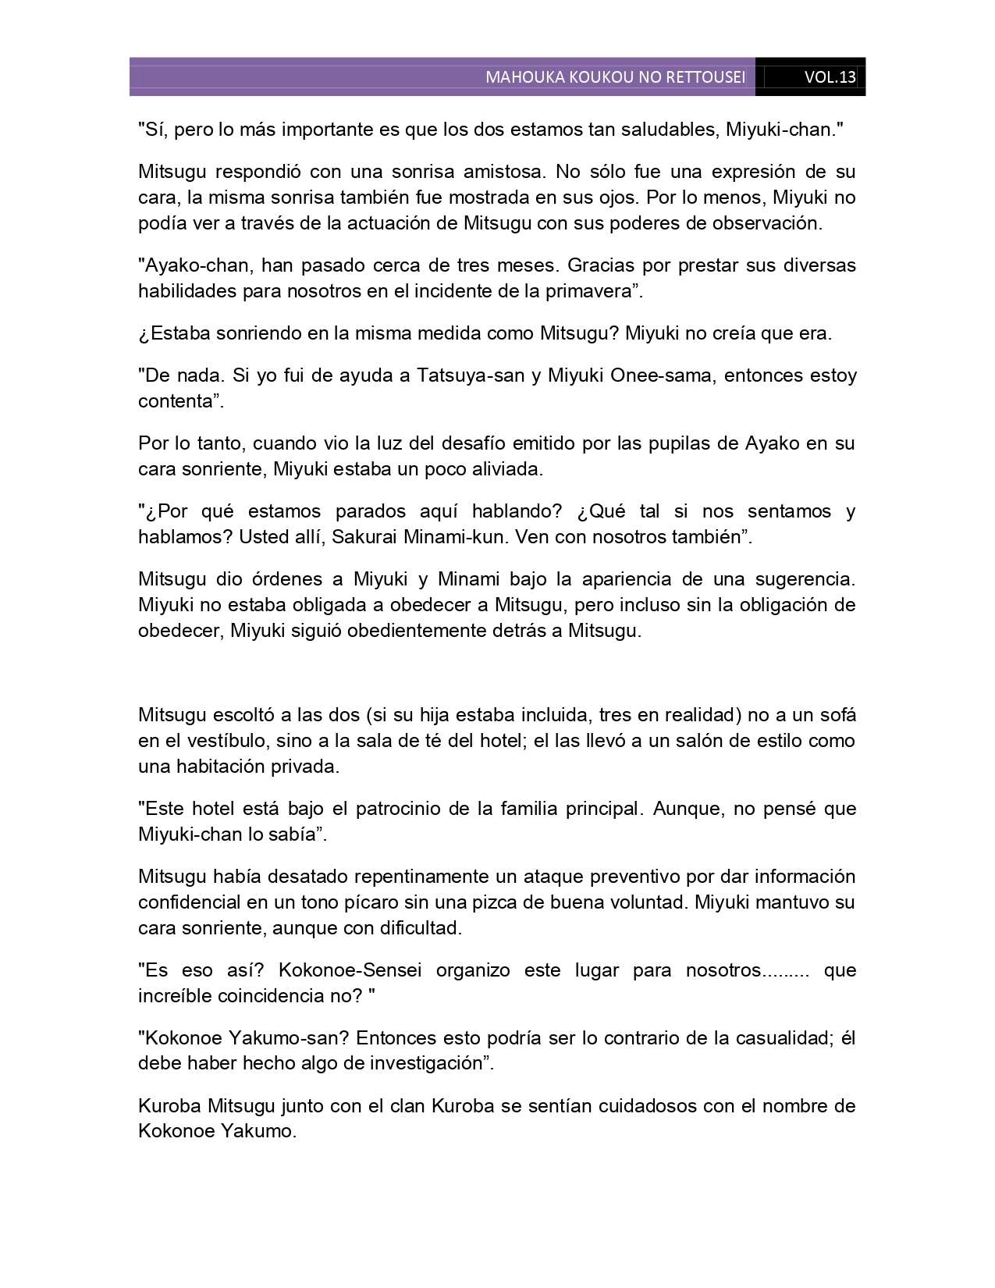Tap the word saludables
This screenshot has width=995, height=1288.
[664, 130]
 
